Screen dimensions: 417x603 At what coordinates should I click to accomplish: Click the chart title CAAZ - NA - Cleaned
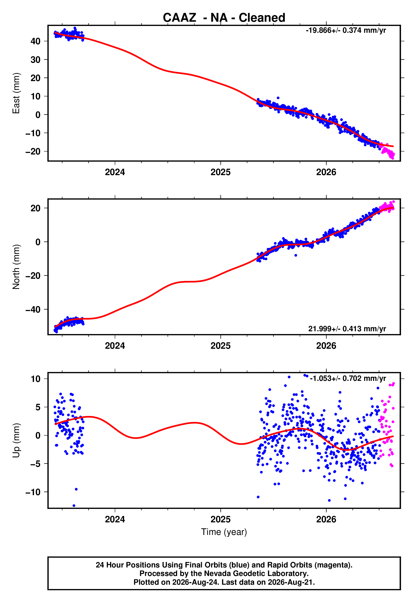pyautogui.click(x=224, y=18)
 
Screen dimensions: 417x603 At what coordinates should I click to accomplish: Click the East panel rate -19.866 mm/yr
pyautogui.click(x=346, y=30)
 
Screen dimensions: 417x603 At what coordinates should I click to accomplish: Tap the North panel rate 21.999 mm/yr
pyautogui.click(x=347, y=329)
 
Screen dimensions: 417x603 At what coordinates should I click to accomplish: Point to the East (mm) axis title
pyautogui.click(x=16, y=93)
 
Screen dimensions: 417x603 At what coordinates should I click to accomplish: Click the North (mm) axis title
pyautogui.click(x=16, y=267)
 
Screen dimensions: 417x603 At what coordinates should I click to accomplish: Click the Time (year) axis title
pyautogui.click(x=224, y=532)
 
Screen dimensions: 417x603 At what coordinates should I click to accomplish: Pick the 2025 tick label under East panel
pyautogui.click(x=221, y=172)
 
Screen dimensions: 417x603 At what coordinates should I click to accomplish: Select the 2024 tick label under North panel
pyautogui.click(x=115, y=346)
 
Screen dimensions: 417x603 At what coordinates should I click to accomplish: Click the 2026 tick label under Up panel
pyautogui.click(x=326, y=520)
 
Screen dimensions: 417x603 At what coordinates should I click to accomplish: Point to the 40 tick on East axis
pyautogui.click(x=35, y=41)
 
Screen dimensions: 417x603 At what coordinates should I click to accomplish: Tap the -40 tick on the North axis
pyautogui.click(x=33, y=309)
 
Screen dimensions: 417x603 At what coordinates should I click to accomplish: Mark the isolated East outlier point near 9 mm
pyautogui.click(x=278, y=98)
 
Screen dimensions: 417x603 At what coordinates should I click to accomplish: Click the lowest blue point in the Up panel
pyautogui.click(x=74, y=506)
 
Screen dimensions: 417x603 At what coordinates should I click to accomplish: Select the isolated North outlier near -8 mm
pyautogui.click(x=295, y=255)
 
